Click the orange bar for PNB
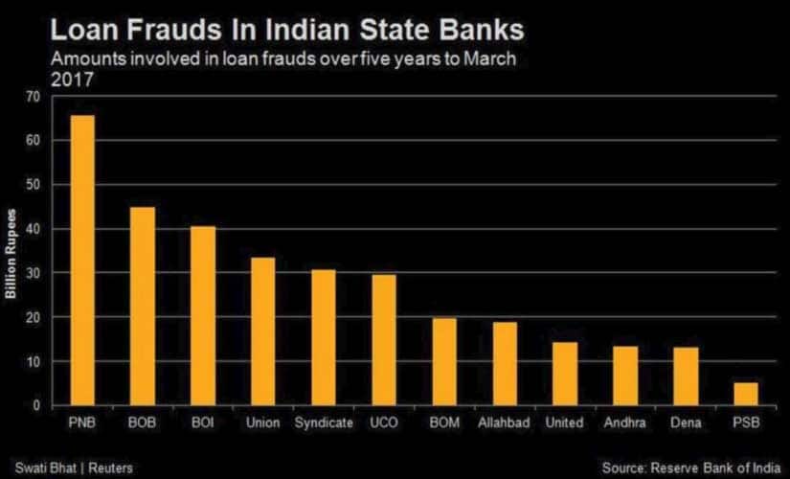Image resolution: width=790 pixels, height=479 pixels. click(x=82, y=261)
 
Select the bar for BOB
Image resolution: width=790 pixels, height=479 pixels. click(x=142, y=307)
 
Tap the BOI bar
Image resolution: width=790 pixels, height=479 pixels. click(x=202, y=316)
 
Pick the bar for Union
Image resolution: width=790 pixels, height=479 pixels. click(x=262, y=331)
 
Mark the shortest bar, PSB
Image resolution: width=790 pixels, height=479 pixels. click(x=745, y=394)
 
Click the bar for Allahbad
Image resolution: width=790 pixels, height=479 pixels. click(x=504, y=364)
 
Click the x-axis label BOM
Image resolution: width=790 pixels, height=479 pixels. click(x=443, y=421)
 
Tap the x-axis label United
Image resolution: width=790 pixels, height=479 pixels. click(x=564, y=421)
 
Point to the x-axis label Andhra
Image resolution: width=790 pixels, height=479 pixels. click(x=624, y=421)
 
